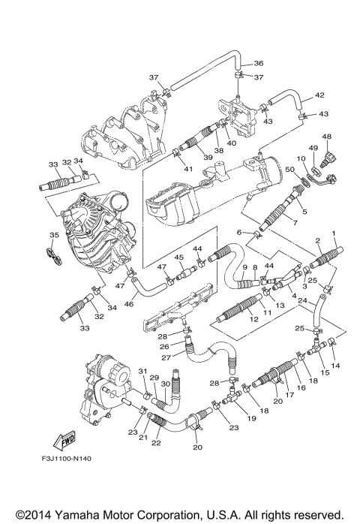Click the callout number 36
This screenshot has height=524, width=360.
point(258,63)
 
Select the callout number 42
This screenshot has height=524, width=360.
point(319,95)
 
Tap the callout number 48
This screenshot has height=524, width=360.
point(326,137)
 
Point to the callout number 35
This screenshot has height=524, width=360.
point(53,236)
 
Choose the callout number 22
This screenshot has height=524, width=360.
point(156,443)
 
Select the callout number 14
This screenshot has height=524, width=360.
point(335,365)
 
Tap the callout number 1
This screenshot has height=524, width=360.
point(334,233)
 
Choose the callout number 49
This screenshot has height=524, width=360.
point(313,149)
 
